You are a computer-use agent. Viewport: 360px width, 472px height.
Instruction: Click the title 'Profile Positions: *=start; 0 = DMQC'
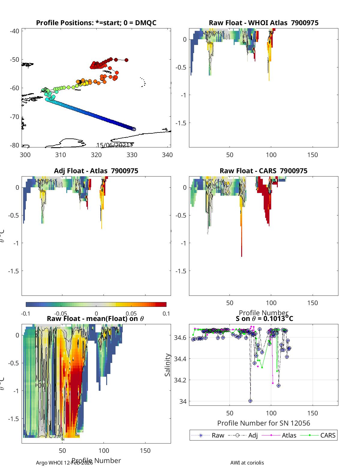96,23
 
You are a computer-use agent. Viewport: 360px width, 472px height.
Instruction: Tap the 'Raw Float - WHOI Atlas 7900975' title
263,23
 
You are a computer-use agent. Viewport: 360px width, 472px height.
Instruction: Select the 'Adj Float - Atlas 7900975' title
96,171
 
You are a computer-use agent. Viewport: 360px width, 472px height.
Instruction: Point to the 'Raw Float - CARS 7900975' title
263,171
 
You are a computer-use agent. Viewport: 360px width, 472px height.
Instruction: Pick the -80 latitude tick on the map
14,145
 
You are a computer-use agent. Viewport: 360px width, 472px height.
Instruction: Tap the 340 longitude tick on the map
167,155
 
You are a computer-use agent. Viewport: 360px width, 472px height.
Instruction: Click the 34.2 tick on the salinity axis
180,380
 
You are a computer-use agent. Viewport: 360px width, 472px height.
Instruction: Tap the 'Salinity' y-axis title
167,365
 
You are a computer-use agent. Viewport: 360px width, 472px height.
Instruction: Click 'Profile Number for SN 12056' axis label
263,423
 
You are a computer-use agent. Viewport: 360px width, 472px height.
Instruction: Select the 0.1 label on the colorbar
166,314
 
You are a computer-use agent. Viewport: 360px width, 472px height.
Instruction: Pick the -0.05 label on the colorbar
61,314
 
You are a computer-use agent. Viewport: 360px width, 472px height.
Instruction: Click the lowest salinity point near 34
250,401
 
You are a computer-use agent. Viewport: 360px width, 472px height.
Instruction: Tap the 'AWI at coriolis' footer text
247,463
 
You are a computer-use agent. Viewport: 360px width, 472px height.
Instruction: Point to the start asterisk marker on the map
134,129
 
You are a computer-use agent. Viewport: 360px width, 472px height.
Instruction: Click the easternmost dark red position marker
126,60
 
